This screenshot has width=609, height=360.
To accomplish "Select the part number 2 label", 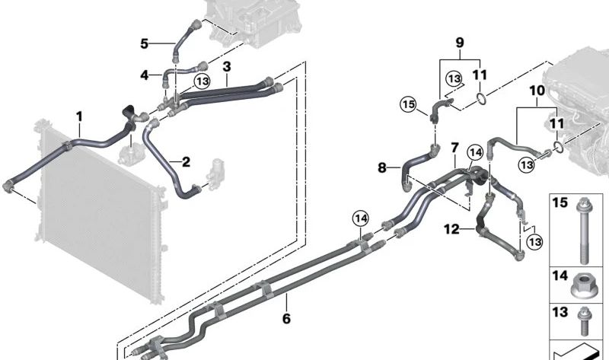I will [x=185, y=161].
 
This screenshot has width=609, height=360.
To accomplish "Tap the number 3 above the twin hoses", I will [x=227, y=68].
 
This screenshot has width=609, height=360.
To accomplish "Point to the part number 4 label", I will [x=145, y=75].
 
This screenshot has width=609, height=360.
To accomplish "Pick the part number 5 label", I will [x=145, y=43].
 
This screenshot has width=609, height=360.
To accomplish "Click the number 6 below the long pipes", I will [x=286, y=319].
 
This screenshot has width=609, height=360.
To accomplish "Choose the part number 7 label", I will [x=454, y=146].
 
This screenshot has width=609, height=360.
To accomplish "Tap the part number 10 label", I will [x=536, y=91].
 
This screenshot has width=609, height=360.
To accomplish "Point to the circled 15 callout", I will [x=409, y=104].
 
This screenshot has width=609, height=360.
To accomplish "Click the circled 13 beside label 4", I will [x=202, y=81].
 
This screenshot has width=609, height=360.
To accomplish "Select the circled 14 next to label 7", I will [x=476, y=153].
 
